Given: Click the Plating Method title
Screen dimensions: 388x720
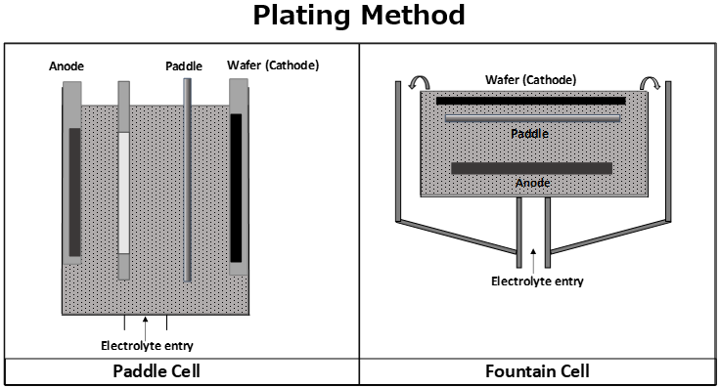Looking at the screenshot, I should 359,17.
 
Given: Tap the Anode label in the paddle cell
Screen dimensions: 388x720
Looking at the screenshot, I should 67,66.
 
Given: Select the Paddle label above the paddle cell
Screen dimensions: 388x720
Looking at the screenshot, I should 183,66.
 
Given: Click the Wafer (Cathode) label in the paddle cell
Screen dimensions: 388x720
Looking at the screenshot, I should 273,65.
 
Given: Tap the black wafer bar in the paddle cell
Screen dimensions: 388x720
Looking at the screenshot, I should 236,187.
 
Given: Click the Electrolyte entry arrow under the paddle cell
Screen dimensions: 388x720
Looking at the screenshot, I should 146,323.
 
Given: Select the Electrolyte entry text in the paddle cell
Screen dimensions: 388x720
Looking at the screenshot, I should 147,344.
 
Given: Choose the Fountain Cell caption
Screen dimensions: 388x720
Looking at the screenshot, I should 537,372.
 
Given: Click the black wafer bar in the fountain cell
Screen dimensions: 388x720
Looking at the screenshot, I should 530,101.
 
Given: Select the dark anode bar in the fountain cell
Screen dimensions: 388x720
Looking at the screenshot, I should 531,168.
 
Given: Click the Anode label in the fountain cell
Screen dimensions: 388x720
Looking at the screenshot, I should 532,183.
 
